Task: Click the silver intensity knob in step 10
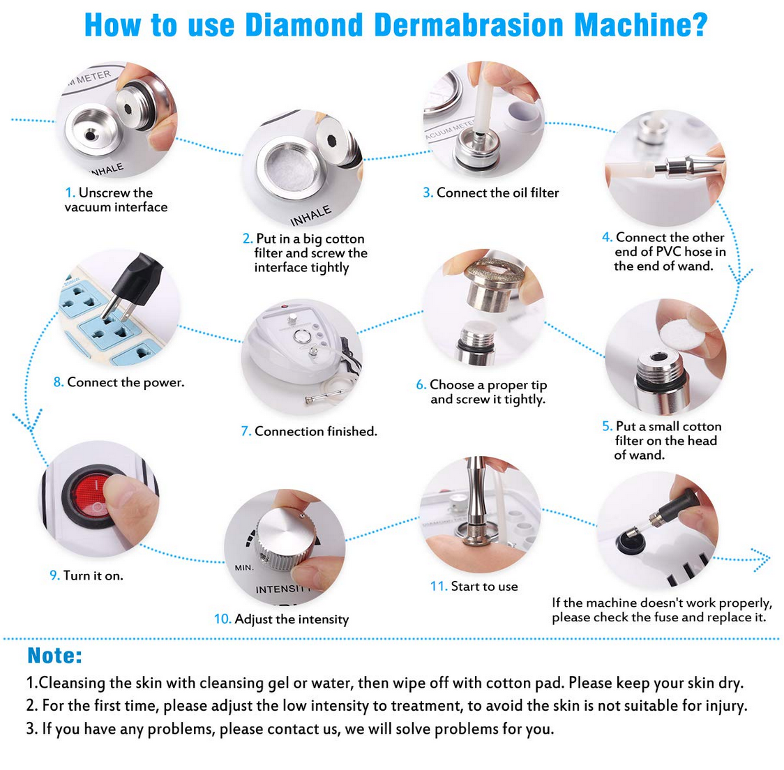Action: (x=285, y=539)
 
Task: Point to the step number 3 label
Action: (x=428, y=192)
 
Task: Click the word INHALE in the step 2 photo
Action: (x=311, y=216)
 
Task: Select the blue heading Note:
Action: (x=54, y=656)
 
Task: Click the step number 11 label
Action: (x=439, y=586)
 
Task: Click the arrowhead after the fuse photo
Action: (x=762, y=559)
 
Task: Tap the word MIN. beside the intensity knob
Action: (x=244, y=568)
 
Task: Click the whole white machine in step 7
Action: (x=300, y=355)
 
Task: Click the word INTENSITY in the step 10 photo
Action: (x=283, y=589)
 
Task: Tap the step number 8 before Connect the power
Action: (x=59, y=382)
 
